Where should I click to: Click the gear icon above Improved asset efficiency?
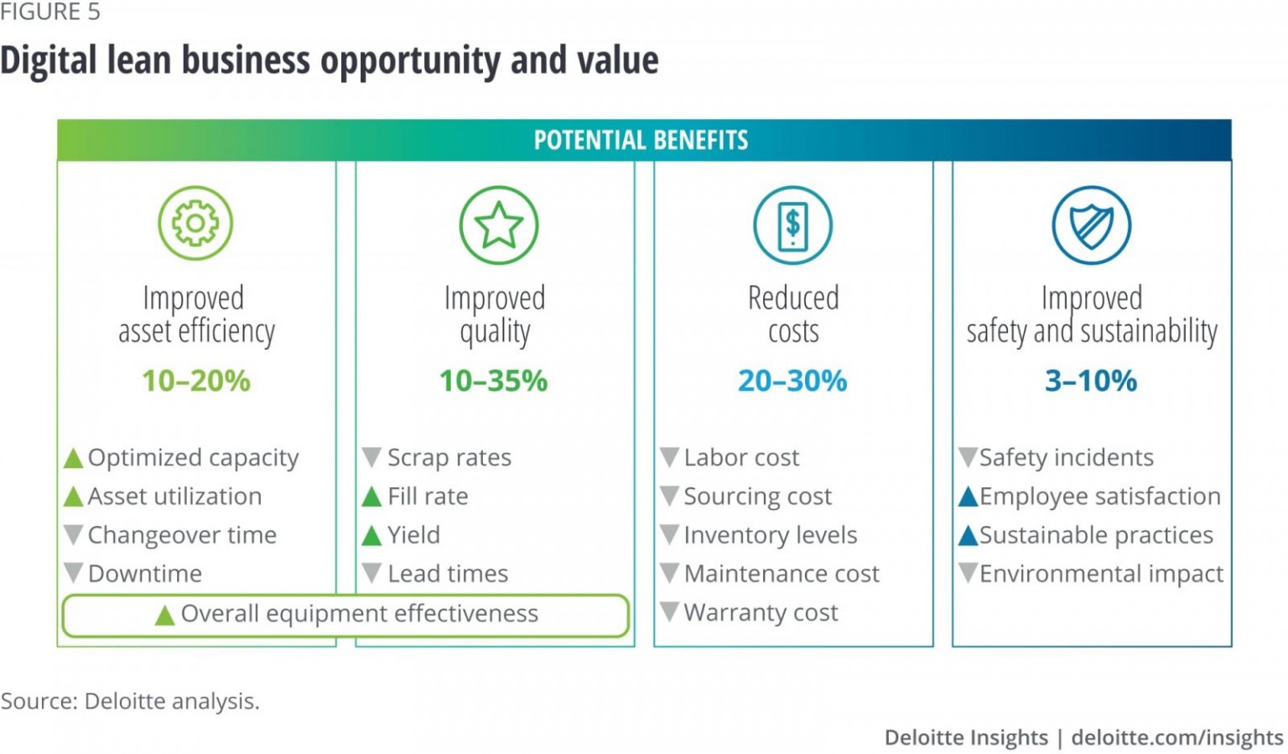pos(195,223)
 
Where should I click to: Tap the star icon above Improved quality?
pos(498,225)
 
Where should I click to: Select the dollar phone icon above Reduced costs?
pos(792,225)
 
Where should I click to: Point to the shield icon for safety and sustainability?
pos(1091,225)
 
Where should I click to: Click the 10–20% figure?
pos(196,381)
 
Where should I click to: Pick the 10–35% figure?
pos(494,381)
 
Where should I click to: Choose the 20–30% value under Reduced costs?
pos(792,381)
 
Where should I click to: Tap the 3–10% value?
pos(1091,381)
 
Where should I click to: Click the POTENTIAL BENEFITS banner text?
pos(641,140)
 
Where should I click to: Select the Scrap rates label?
pos(449,458)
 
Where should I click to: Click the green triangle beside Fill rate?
pos(371,497)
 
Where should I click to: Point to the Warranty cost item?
pos(761,613)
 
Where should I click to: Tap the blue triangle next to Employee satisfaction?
pos(969,497)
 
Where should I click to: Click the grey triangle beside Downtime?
pos(74,573)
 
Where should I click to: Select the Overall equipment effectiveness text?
pos(359,614)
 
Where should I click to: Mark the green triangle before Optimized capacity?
pos(74,458)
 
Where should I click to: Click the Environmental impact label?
pos(1101,574)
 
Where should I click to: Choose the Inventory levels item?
pos(770,535)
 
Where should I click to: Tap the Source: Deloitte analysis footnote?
pos(130,701)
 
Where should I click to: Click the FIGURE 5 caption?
pos(50,12)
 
